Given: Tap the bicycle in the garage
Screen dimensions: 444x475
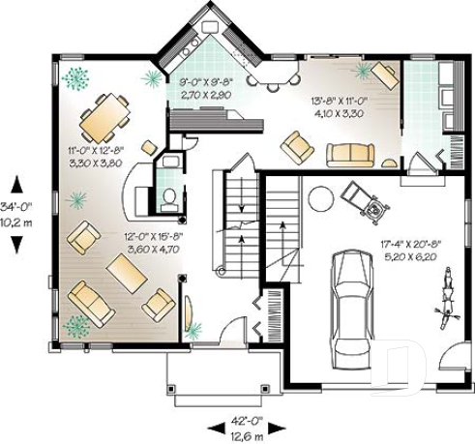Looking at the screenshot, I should pos(446,294).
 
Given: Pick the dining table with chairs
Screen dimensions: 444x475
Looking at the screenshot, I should pos(104,118).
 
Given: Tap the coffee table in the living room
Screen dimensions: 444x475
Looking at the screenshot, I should pos(127,274).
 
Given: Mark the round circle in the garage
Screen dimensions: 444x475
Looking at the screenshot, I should pos(320,200).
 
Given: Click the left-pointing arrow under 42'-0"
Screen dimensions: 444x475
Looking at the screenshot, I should pos(214,428).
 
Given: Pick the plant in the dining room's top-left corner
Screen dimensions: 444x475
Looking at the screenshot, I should pos(74,77).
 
